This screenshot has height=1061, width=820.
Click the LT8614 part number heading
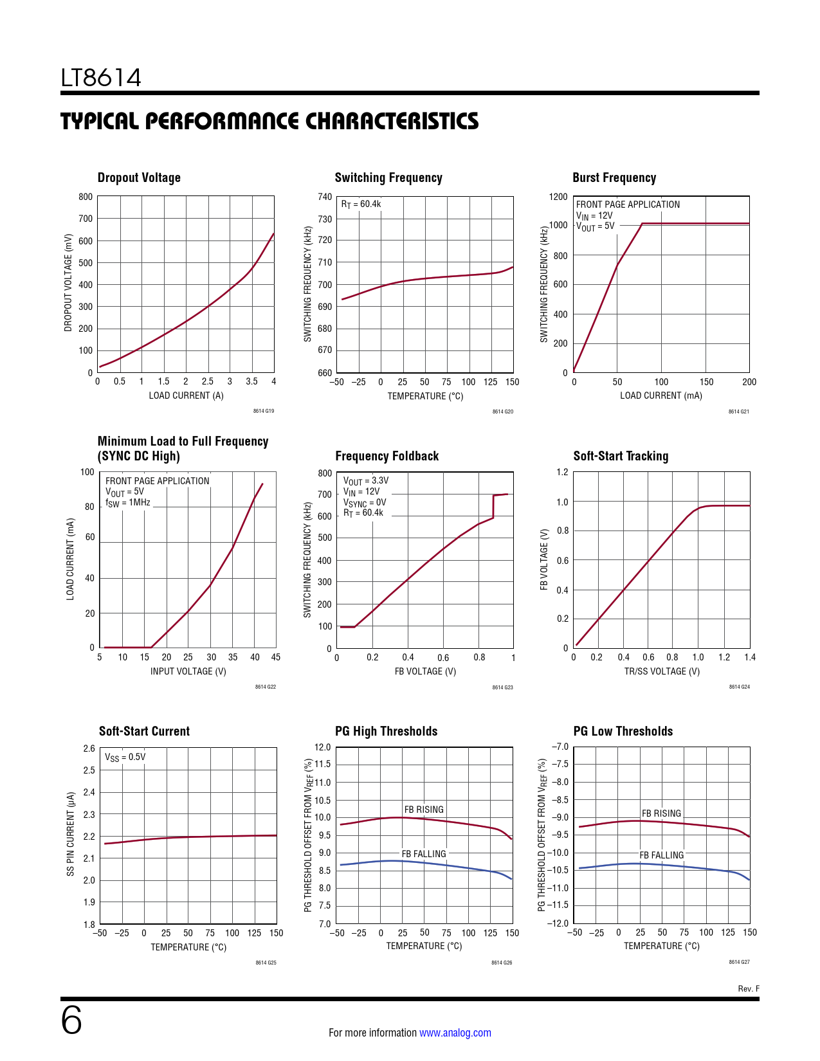[x=101, y=78]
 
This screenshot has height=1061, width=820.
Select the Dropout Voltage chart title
[x=139, y=178]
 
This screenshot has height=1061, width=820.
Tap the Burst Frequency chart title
[x=614, y=178]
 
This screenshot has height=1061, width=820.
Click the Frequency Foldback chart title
[x=387, y=457]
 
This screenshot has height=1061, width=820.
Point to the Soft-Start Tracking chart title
[x=621, y=457]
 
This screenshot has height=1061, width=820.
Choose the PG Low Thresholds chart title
[x=623, y=732]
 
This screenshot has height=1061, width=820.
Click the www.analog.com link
[x=455, y=1033]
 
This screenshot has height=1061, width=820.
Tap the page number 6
[x=71, y=1020]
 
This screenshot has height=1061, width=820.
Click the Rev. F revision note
[x=748, y=989]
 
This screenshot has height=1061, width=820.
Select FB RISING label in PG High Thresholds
[x=424, y=810]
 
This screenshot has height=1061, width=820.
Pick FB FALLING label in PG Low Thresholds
[x=661, y=855]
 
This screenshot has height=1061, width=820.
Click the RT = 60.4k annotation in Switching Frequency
[x=361, y=204]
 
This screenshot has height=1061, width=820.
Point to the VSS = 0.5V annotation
[x=125, y=757]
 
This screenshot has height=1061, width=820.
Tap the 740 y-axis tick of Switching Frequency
[x=325, y=197]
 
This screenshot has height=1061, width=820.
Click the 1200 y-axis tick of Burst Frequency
[x=558, y=197]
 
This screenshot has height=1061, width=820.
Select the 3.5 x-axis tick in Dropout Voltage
[x=251, y=381]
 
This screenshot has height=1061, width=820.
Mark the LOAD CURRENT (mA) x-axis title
[x=661, y=395]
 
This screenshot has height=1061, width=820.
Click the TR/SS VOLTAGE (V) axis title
[x=662, y=671]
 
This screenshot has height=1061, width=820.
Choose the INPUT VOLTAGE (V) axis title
[x=188, y=671]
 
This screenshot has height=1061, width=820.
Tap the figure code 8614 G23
[x=502, y=687]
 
